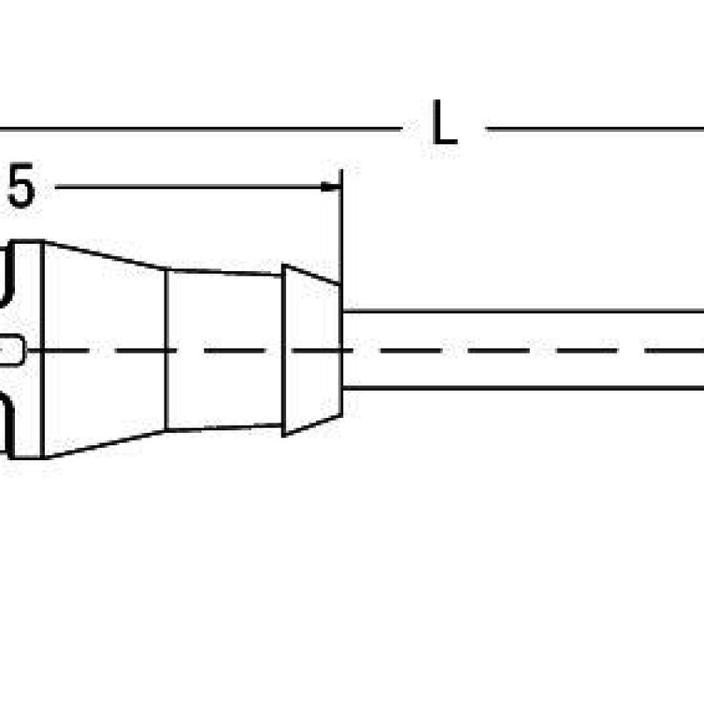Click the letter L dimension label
(x=444, y=122)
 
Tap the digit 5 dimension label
(x=21, y=186)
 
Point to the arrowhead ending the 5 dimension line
(x=331, y=187)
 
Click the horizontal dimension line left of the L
(x=201, y=128)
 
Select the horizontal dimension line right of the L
(x=595, y=129)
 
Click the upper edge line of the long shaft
(x=523, y=311)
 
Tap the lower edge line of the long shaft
(x=523, y=387)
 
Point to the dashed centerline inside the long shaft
(x=523, y=350)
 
